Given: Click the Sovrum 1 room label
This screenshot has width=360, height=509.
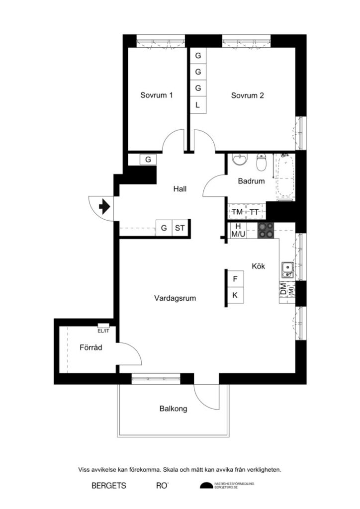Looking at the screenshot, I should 156,95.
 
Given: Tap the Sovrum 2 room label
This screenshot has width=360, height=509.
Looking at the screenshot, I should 247,95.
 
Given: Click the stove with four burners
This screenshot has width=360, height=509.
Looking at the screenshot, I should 266,230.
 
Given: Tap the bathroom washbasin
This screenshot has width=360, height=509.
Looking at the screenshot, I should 241,161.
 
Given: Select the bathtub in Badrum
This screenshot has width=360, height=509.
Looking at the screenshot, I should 285,177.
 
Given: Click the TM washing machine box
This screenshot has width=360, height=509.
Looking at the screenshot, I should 237,212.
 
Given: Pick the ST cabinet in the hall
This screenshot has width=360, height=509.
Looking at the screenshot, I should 180,229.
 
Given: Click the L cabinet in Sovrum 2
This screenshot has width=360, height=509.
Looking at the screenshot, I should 198,105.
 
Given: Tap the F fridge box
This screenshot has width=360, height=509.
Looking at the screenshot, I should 235,279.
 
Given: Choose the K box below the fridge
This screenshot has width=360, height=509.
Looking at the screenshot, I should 235,295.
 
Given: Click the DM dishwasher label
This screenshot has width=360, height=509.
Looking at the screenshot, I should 283,290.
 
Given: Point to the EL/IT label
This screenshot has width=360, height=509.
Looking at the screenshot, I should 103,330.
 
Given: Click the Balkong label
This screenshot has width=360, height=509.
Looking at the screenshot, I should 174,409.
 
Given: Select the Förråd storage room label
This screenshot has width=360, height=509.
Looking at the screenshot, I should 91,348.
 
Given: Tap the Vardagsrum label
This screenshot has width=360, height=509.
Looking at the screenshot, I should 175,298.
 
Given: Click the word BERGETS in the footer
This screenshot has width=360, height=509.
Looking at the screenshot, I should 109,486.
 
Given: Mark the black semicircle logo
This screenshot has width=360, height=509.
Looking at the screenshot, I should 206,486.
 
